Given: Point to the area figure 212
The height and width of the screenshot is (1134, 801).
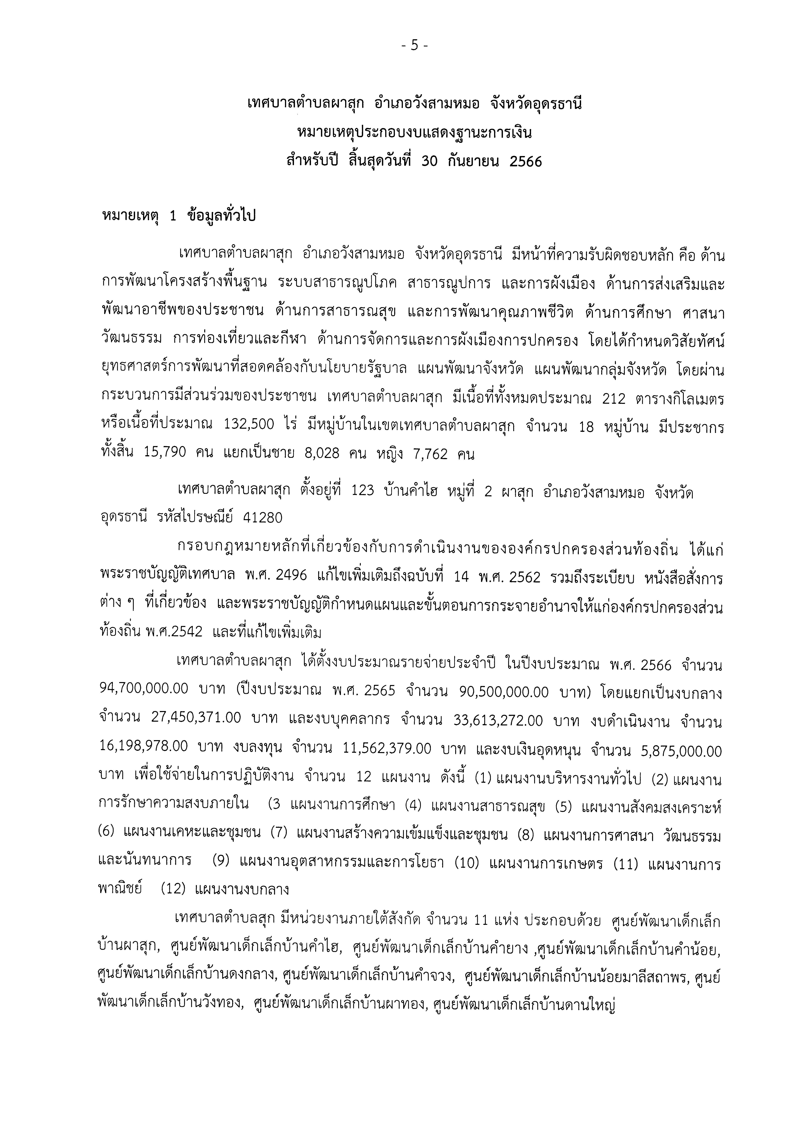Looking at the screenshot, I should [614, 399].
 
